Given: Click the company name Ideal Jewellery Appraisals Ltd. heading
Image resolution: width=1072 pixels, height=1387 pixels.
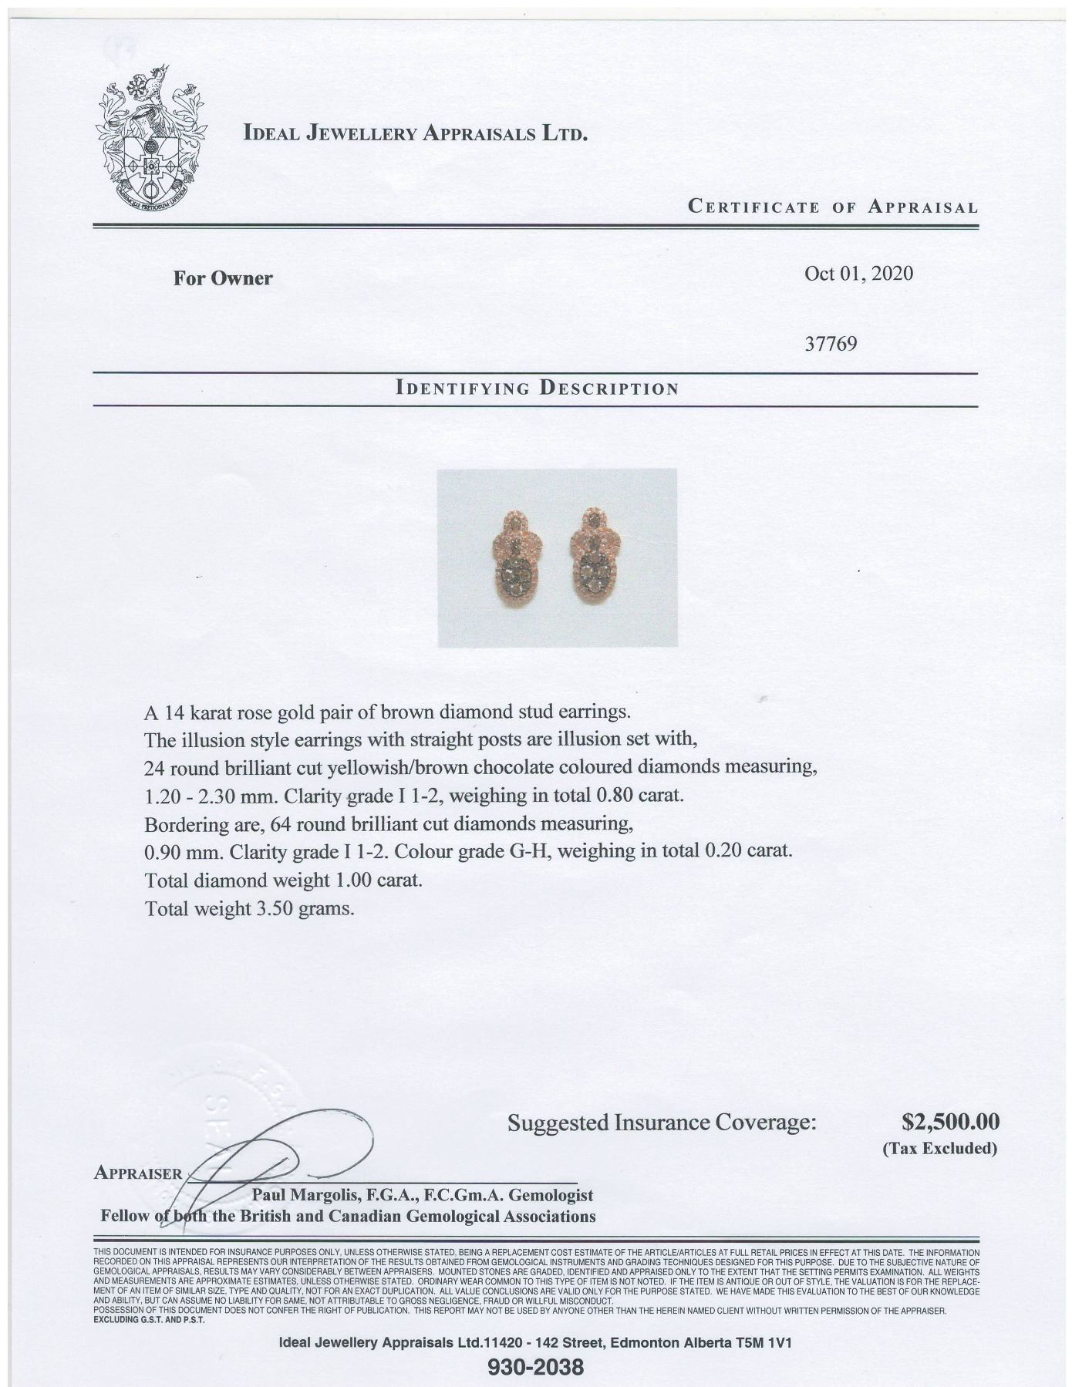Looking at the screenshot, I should click(416, 133).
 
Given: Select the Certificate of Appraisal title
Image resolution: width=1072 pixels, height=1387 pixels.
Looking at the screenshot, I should click(833, 207).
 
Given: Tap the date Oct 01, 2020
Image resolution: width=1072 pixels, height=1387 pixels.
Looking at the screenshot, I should click(858, 274).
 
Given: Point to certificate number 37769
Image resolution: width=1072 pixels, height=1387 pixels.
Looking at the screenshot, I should click(831, 343).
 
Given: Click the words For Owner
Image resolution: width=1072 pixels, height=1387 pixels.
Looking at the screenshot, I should click(223, 278).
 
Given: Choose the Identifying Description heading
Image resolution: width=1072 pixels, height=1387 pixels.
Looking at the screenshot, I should click(536, 388).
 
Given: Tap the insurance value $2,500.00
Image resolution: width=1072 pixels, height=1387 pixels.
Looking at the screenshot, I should click(950, 1120).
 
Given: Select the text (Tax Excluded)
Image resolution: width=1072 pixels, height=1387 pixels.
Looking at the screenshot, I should click(939, 1148).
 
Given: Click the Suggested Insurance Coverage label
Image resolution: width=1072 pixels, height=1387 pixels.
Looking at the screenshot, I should click(661, 1122).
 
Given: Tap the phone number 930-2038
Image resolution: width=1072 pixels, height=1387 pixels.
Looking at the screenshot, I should click(536, 1368).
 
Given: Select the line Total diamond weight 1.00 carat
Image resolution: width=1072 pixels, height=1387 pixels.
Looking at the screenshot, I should click(283, 880).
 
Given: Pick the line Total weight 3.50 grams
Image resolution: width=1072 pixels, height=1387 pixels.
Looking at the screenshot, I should click(249, 908).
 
